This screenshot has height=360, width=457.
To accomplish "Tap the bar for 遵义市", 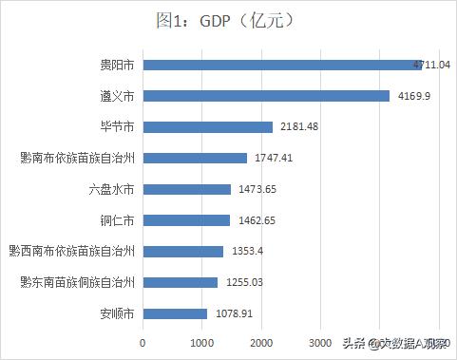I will [x=266, y=96].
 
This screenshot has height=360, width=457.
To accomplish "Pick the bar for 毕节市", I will [x=207, y=126].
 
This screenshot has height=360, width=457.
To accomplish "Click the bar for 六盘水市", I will [x=186, y=189].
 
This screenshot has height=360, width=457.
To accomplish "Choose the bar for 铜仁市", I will [x=186, y=220].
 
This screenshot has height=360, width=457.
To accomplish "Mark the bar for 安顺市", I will [x=175, y=313].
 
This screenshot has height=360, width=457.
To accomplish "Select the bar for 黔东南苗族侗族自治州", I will [x=180, y=282].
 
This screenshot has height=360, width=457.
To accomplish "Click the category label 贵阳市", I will [x=117, y=65].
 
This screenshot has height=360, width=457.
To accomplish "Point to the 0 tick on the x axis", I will [x=143, y=342].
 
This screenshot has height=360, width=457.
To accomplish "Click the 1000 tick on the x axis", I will [x=201, y=342].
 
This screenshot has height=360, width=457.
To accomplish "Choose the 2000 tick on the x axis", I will [x=260, y=342].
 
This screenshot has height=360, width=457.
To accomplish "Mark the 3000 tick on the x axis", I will [x=319, y=342].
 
